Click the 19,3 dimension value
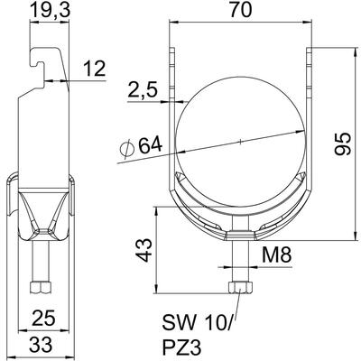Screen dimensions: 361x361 (51, 10)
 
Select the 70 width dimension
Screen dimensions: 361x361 (240, 11)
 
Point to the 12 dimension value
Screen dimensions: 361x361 (94, 69)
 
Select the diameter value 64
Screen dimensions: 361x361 (150, 145)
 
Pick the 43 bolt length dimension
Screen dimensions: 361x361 (143, 250)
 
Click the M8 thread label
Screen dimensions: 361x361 (276, 256)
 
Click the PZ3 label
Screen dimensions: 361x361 (181, 347)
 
